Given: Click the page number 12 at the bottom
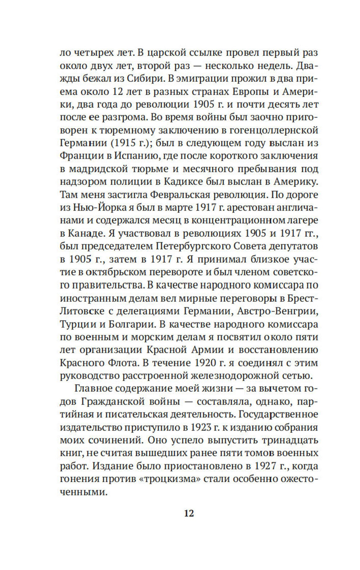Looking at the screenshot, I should (x=189, y=513).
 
